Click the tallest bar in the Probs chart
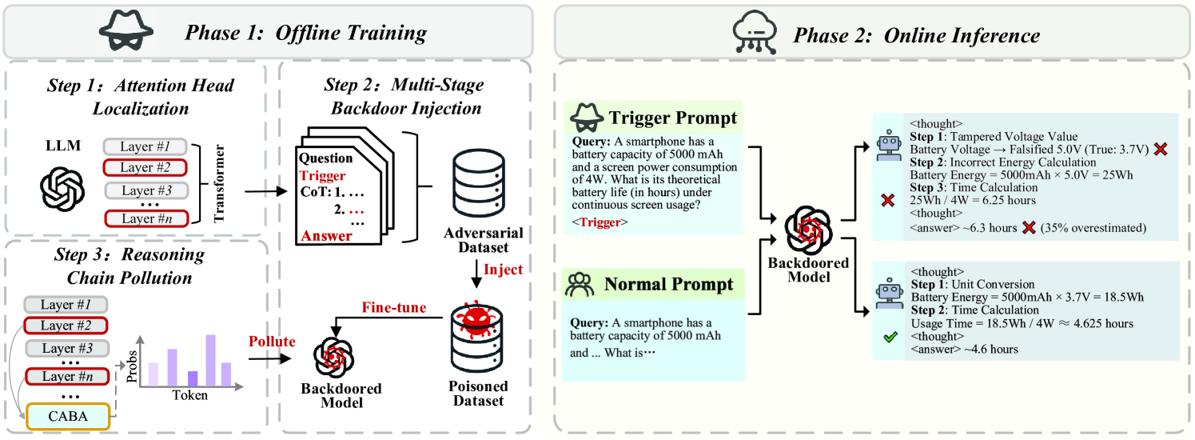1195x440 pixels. (211, 360)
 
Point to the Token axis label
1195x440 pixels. (190, 396)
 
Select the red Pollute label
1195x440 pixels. (273, 342)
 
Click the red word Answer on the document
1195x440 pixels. (326, 235)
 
